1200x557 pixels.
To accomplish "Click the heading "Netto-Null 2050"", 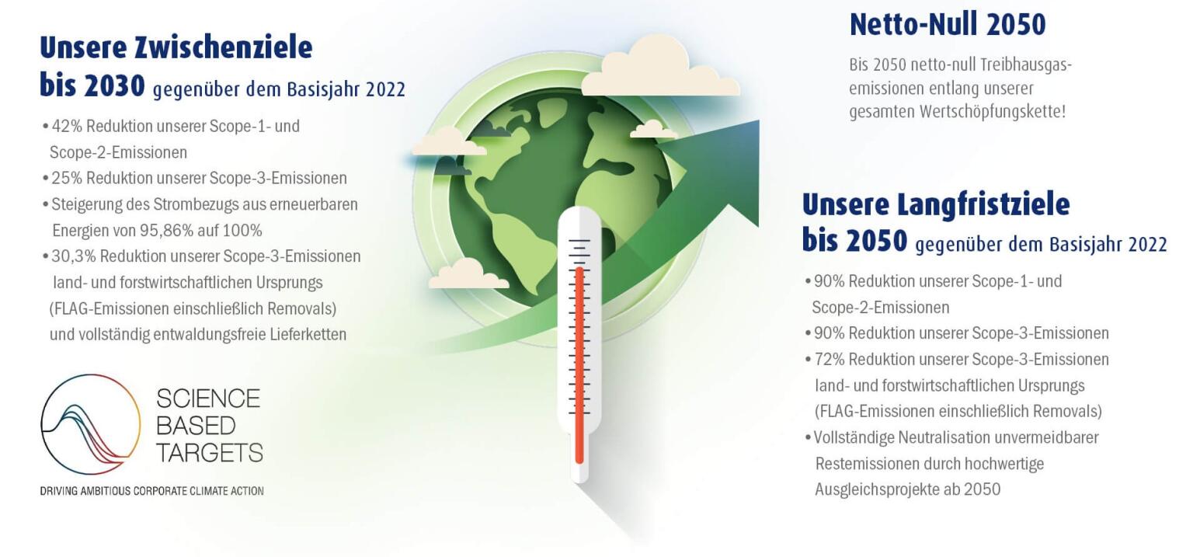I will tap(947, 25).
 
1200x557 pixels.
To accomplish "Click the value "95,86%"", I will tap(165, 231).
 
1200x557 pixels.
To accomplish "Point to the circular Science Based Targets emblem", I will tap(90, 424).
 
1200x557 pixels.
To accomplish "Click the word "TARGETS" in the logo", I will tap(209, 452).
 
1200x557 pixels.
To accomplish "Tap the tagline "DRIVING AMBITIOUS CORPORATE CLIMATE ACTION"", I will tap(151, 491).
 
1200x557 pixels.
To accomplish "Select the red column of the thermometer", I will tap(579, 365).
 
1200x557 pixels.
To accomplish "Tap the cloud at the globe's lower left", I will tap(468, 275).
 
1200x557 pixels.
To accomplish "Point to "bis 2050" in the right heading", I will tap(854, 242).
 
